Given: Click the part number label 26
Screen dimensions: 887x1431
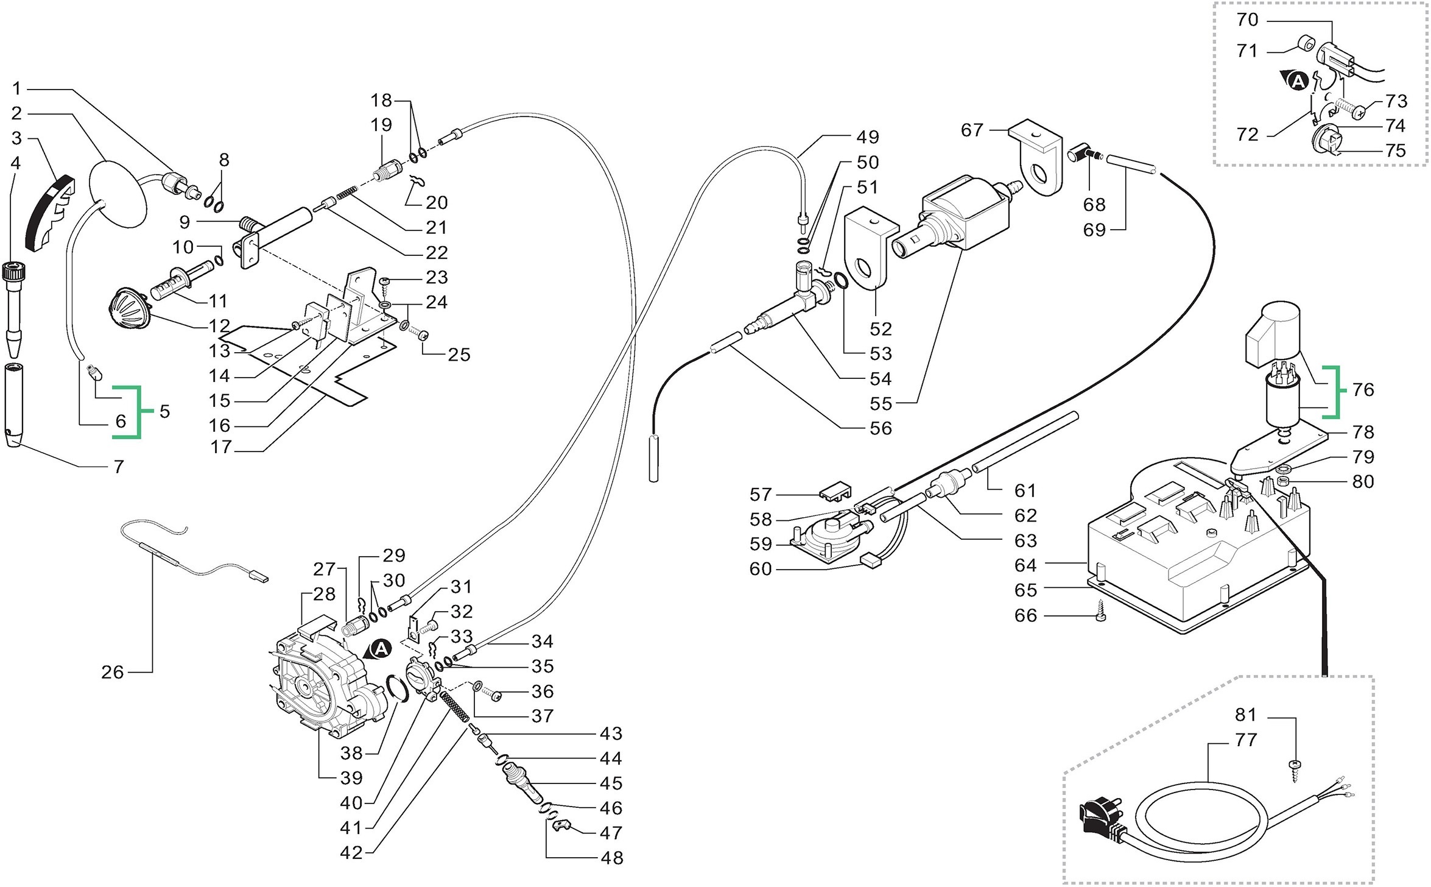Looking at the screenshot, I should tap(112, 672).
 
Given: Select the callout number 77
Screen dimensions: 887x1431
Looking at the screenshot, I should tap(1246, 740).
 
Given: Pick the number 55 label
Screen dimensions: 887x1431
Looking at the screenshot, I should tap(881, 403).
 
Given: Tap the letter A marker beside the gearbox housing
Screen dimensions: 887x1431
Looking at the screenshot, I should tap(381, 649).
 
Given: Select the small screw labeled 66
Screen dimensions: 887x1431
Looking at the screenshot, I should tap(1100, 617).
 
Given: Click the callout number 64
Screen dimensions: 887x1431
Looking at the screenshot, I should tap(1025, 565).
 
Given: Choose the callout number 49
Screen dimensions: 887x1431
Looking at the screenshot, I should tap(867, 137).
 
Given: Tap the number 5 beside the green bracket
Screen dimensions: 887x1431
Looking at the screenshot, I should tap(164, 411).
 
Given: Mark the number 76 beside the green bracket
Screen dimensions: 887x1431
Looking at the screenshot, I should tap(1363, 389).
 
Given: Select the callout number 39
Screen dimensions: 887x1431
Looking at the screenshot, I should tap(351, 777).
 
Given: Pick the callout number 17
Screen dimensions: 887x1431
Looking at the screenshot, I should tap(222, 447).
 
